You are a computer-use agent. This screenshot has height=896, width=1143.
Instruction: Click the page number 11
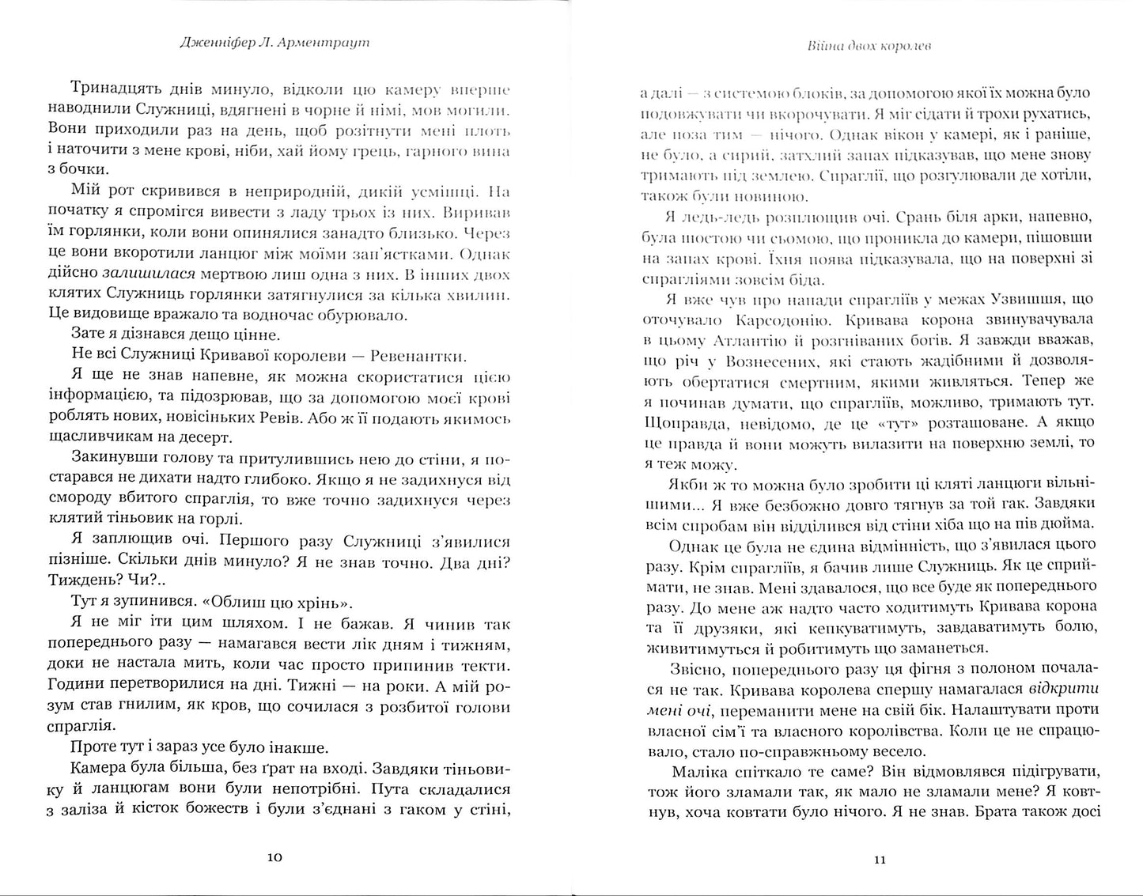point(867,860)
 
